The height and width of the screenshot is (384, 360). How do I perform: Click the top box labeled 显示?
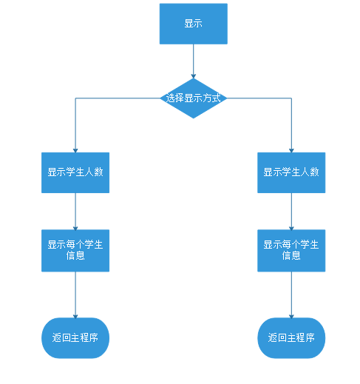(193, 24)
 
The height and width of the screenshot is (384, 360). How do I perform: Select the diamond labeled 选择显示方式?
(193, 98)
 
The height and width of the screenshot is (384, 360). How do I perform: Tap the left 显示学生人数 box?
(75, 172)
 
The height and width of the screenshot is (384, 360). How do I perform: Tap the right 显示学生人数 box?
(291, 172)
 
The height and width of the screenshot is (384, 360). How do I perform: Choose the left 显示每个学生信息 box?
(75, 250)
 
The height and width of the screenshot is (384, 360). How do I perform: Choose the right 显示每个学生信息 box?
(291, 250)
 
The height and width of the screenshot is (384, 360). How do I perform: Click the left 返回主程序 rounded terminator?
(75, 338)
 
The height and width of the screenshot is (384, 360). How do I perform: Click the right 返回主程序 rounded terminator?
(291, 338)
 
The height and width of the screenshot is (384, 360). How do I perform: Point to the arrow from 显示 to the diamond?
(193, 59)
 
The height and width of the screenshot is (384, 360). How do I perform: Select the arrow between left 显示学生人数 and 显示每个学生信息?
(75, 211)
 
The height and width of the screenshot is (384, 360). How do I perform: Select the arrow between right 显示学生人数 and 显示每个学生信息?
(291, 211)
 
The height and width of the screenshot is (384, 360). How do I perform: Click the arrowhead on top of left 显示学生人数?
(75, 150)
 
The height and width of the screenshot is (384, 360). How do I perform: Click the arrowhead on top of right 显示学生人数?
(291, 150)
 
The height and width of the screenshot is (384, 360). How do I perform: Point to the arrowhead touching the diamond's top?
(193, 75)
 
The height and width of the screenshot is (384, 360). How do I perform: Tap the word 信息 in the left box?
(75, 256)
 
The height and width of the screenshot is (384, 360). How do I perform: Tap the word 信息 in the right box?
(291, 256)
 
